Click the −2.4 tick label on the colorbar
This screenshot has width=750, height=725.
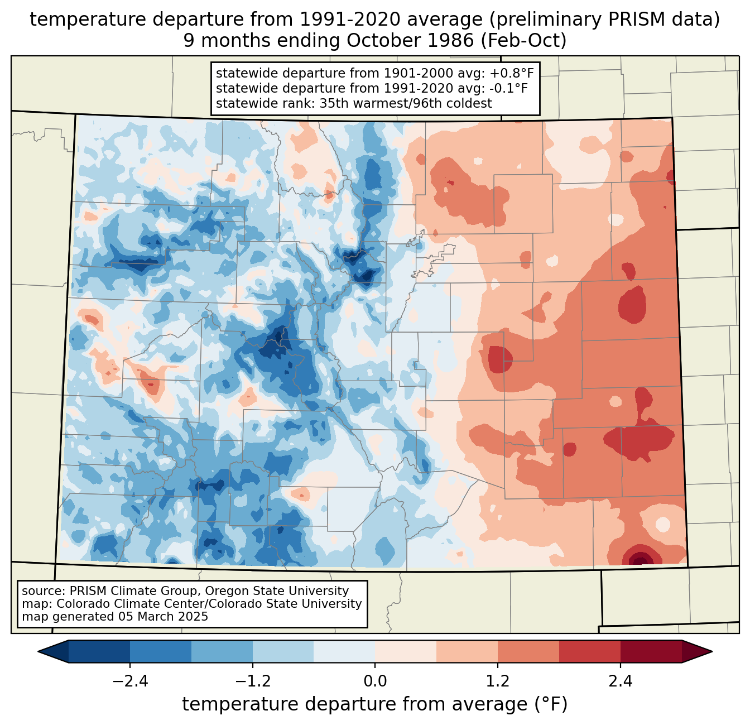pos(130,681)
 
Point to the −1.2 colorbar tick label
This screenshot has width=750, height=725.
pos(253,681)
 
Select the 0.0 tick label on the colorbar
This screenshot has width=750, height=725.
pos(375,681)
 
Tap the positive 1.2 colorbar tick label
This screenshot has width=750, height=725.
pos(498,681)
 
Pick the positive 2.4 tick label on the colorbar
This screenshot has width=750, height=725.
pos(621,681)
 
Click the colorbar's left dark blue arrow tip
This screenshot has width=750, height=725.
pos(39,652)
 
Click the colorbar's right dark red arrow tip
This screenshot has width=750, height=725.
pos(712,652)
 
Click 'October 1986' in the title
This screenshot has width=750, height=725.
pos(410,41)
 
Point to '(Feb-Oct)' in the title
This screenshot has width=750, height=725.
pos(524,41)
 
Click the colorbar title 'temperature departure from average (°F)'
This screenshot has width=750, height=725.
pos(374,704)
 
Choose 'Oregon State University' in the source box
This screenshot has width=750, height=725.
pos(276,591)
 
